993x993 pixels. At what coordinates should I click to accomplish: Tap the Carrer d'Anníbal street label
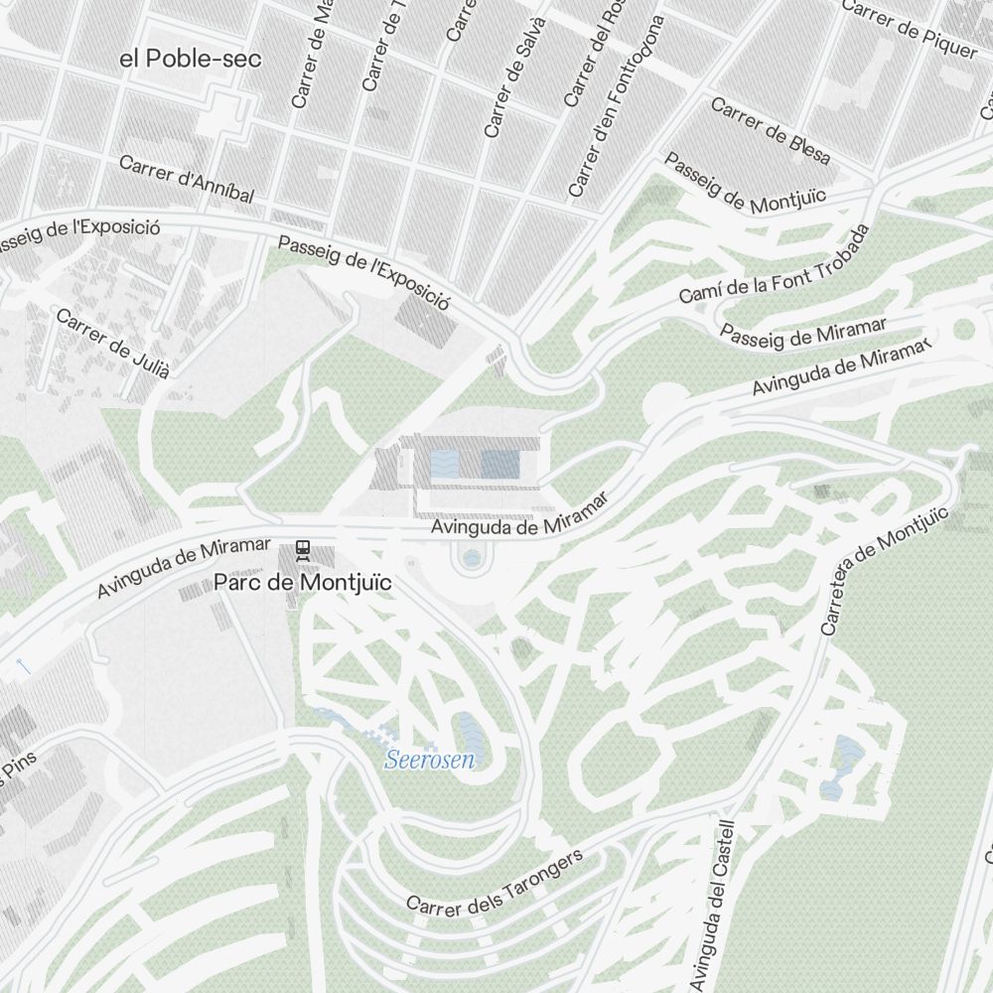point(187,179)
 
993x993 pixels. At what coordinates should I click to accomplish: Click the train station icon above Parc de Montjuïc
point(304,549)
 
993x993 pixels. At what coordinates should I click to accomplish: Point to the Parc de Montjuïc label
point(303,583)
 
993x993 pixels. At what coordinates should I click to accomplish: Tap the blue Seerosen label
point(429,762)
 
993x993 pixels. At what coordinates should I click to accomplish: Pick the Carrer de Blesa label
point(771,131)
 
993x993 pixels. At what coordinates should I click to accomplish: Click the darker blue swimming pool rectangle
point(500,463)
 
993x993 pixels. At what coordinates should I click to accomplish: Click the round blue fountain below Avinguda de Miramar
point(471,559)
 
